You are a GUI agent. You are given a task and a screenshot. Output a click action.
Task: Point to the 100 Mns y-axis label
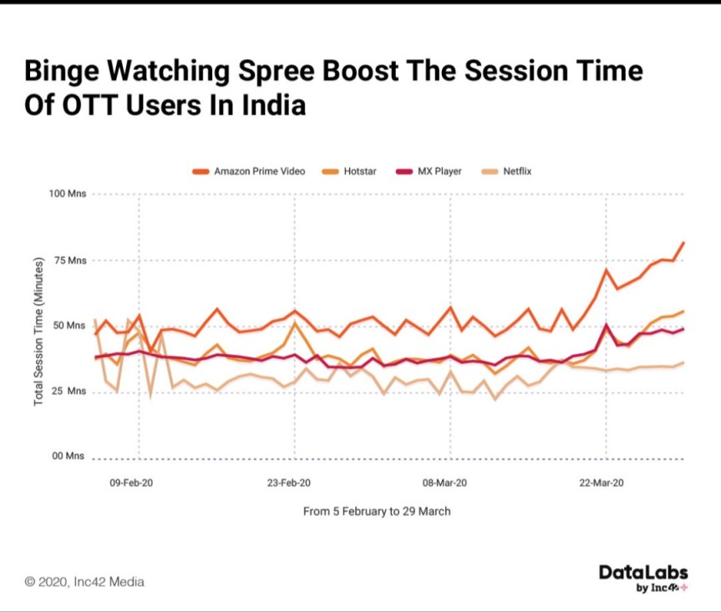click(68, 195)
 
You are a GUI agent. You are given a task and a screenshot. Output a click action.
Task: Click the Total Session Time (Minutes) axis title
click(38, 332)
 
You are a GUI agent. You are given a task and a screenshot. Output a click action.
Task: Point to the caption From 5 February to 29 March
click(377, 511)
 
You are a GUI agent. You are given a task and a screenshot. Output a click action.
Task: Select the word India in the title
click(273, 106)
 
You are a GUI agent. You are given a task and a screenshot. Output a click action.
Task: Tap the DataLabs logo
click(642, 577)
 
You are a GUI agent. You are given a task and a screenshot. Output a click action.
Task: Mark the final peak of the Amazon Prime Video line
click(683, 243)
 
